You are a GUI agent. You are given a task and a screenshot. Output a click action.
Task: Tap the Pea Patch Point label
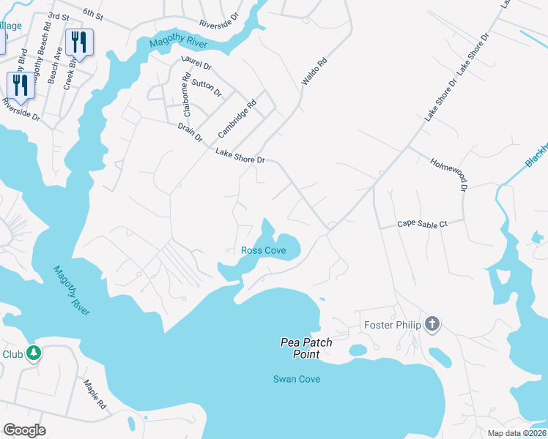(x=306, y=348)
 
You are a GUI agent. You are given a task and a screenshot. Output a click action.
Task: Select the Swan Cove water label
(x=296, y=379)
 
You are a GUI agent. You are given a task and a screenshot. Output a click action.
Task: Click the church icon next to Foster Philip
(x=432, y=324)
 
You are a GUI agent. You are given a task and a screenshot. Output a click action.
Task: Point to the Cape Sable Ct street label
(x=422, y=225)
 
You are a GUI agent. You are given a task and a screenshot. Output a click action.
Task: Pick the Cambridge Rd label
(x=237, y=119)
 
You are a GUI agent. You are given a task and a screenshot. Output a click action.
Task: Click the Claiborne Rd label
(x=188, y=96)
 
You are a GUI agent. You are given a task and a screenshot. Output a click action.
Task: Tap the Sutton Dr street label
(x=206, y=88)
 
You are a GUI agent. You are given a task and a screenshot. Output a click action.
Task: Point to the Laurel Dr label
(x=196, y=65)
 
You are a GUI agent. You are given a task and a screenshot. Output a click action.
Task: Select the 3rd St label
(x=58, y=15)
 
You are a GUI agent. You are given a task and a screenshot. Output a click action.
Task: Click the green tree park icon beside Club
(x=33, y=354)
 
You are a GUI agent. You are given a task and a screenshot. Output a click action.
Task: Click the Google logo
(x=24, y=430)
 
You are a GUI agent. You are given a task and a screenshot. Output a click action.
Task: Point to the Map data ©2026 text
(x=516, y=433)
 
